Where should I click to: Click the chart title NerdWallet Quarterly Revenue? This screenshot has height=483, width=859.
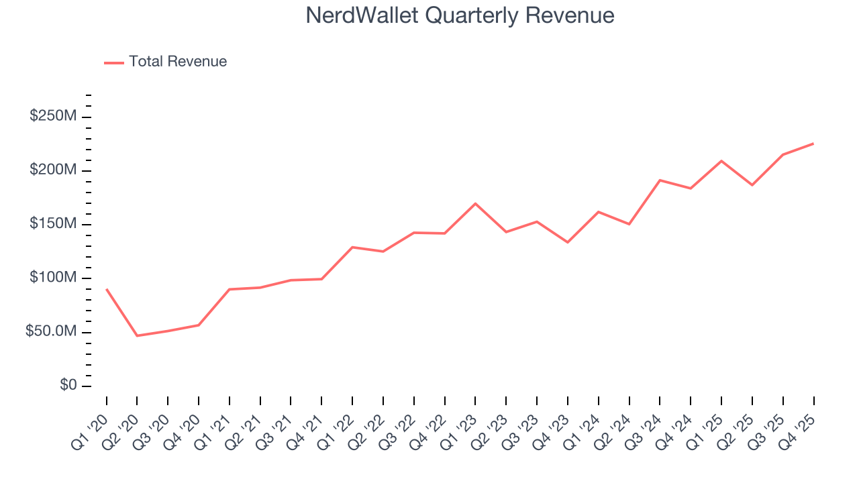[x=460, y=15]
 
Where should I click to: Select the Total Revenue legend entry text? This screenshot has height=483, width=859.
[x=178, y=62]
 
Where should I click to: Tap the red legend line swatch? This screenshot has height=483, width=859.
[x=114, y=62]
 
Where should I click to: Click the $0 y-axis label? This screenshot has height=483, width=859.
[x=68, y=386]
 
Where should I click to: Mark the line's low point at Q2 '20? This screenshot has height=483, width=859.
[x=137, y=335]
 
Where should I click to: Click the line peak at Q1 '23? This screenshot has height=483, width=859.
[x=475, y=203]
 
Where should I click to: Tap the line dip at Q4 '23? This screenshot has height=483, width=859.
[x=567, y=242]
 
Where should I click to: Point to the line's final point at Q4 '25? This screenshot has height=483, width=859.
[x=813, y=144]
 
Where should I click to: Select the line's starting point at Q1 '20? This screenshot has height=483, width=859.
[x=106, y=289]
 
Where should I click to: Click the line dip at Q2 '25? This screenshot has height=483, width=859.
[x=752, y=185]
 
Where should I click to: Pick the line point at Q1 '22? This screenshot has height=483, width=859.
[x=352, y=247]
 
